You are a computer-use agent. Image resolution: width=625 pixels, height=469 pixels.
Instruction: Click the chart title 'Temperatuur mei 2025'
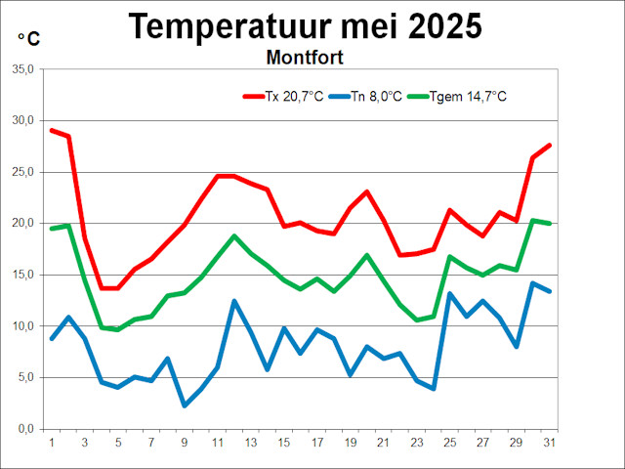point(305,26)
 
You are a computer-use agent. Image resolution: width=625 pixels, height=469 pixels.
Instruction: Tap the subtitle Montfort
point(305,57)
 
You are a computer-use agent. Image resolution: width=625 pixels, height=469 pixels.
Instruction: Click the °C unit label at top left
point(29,39)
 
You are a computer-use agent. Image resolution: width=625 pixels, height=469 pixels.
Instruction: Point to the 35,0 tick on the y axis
point(22,69)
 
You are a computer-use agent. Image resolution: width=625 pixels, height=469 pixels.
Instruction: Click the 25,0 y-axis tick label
point(22,172)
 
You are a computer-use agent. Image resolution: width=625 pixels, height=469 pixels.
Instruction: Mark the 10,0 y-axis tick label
point(22,326)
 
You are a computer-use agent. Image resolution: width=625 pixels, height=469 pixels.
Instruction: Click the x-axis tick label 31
point(550,442)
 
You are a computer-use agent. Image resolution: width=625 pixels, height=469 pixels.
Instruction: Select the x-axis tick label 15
point(284,442)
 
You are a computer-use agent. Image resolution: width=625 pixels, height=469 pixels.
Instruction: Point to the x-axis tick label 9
point(185,442)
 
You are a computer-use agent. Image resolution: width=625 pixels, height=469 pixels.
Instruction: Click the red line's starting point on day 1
point(52,130)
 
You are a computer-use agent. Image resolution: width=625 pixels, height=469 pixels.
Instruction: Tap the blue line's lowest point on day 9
point(185,405)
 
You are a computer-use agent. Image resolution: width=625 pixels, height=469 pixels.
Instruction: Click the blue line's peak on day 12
point(234,301)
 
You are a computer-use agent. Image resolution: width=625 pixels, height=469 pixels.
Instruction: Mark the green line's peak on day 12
point(234,236)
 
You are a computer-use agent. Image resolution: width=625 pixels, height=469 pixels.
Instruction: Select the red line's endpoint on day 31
point(550,145)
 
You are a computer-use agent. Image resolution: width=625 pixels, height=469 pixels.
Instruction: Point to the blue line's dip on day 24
point(434,389)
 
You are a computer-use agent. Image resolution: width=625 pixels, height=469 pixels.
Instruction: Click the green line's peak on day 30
point(533,221)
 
